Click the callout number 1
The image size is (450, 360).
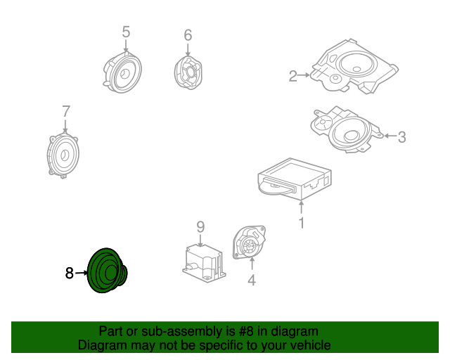click(x=302, y=224)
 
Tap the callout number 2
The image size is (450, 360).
click(x=293, y=77)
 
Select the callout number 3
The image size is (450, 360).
click(x=401, y=138)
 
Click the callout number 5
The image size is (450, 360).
click(x=126, y=32)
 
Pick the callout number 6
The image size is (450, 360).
click(x=188, y=35)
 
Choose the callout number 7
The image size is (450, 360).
click(x=66, y=111)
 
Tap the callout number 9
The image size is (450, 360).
click(x=200, y=226)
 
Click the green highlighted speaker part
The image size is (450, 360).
click(x=105, y=271)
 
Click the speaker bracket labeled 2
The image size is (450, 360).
click(x=355, y=67)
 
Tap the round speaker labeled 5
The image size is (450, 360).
click(x=125, y=71)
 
